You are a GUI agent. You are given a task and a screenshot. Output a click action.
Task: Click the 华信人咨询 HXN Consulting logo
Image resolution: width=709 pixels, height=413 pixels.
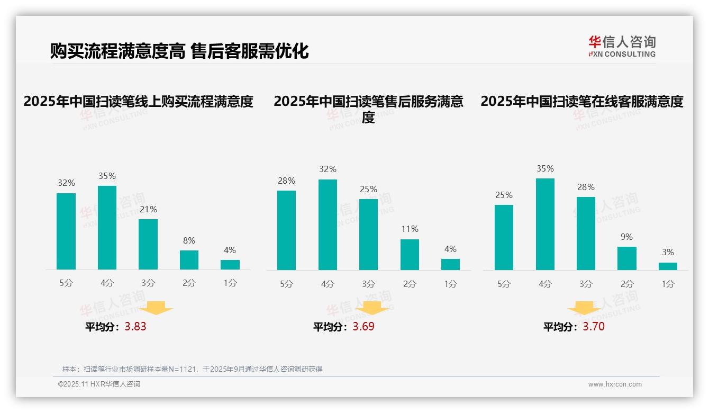[622, 46]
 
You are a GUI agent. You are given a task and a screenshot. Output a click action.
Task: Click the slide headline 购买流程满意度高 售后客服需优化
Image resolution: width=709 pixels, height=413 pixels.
[179, 51]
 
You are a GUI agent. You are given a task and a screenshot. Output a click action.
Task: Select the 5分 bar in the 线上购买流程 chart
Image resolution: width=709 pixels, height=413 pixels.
[66, 231]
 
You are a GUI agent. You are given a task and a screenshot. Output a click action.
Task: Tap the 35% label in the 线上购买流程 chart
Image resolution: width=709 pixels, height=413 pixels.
[107, 176]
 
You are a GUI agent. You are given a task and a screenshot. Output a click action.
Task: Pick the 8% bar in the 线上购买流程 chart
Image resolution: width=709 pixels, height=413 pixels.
[189, 260]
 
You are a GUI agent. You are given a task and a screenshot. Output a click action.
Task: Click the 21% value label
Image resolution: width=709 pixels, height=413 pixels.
[148, 209]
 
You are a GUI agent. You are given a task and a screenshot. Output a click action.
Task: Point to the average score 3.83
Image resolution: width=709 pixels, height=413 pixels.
[135, 327]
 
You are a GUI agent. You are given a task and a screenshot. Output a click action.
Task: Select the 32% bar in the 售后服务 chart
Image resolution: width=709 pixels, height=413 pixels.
[328, 225]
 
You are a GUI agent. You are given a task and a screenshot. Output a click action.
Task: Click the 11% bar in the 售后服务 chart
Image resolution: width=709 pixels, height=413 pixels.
[410, 255]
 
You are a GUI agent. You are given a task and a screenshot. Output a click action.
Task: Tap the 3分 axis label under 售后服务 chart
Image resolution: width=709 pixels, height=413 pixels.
[368, 284]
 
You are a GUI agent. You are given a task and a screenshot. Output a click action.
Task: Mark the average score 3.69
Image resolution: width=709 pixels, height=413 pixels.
[363, 327]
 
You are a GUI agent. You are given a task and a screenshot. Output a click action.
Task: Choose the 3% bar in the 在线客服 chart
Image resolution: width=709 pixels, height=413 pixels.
[668, 266]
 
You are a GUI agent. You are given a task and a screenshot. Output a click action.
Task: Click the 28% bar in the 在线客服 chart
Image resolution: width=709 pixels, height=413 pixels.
[586, 234]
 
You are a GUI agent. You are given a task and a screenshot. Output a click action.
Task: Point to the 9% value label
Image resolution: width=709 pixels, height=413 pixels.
[626, 237]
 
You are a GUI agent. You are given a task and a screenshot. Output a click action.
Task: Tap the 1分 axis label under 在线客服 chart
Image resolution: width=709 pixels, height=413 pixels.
[668, 284]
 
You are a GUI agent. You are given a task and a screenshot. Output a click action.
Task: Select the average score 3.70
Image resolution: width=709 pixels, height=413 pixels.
[594, 327]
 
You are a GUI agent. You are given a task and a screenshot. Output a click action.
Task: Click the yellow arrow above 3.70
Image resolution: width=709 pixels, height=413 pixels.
[584, 309]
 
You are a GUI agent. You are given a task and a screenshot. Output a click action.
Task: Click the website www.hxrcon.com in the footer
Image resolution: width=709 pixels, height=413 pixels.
[615, 384]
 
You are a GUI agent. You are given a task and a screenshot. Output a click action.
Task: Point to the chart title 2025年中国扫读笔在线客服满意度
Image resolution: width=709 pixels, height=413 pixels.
[582, 101]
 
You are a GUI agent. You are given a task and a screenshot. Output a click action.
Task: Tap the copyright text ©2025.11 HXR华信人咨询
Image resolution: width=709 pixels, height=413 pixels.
[99, 384]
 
